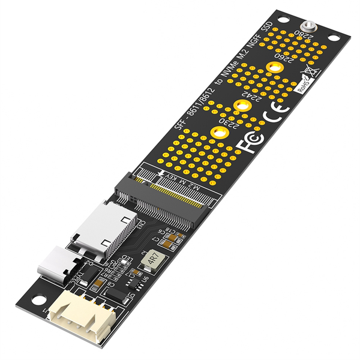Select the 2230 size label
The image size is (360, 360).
[227, 123]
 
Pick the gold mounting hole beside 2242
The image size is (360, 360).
[242, 106]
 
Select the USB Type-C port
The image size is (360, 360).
[54, 265]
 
